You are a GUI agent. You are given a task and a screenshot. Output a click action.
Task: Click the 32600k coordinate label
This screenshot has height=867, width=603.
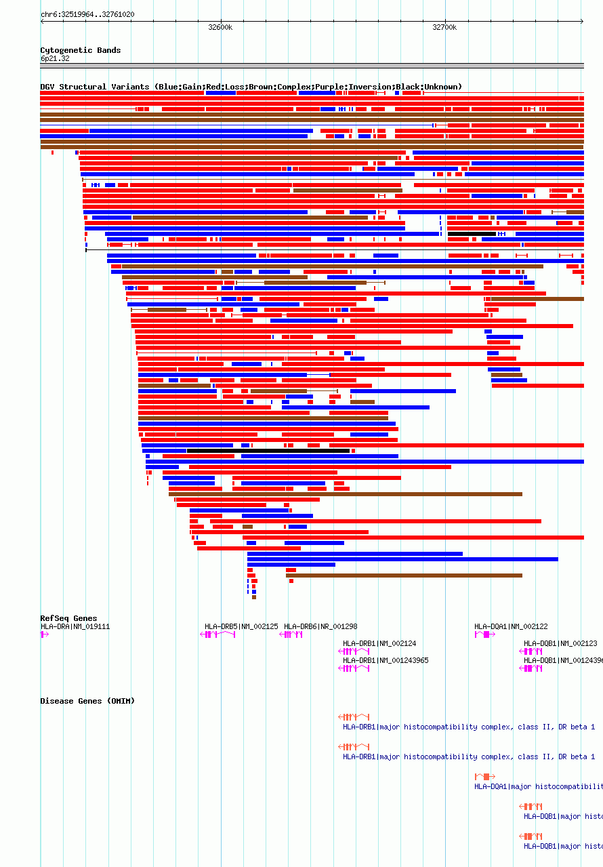click(x=220, y=28)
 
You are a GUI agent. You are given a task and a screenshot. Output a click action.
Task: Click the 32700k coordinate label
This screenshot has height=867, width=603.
click(x=444, y=28)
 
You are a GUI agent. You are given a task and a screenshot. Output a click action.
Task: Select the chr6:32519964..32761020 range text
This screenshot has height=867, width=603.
click(x=87, y=14)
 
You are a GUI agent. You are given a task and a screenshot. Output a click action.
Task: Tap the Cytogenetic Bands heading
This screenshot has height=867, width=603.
click(x=81, y=50)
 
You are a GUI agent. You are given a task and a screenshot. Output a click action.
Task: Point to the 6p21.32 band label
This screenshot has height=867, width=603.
click(x=55, y=59)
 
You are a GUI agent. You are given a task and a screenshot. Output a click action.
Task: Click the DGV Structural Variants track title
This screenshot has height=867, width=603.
click(x=251, y=87)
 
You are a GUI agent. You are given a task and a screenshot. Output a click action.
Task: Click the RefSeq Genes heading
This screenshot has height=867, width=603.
click(x=68, y=618)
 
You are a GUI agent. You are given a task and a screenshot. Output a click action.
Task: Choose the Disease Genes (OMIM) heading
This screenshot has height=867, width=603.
click(x=87, y=701)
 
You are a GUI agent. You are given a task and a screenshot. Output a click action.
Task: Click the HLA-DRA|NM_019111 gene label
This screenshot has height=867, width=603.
click(x=75, y=626)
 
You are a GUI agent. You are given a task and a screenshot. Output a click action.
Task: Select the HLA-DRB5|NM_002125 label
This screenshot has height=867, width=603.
click(x=241, y=626)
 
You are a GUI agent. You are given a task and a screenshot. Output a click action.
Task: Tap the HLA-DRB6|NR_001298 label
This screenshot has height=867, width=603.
click(x=320, y=626)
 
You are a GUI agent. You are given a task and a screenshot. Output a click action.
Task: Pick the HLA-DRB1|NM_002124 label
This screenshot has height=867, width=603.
click(x=379, y=643)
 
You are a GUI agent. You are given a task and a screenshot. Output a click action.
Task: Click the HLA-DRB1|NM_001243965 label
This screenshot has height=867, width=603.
click(x=386, y=660)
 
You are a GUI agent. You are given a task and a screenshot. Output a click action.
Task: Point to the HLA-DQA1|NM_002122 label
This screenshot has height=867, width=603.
click(x=511, y=626)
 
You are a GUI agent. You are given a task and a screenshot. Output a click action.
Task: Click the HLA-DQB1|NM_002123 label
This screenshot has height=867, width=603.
click(x=560, y=643)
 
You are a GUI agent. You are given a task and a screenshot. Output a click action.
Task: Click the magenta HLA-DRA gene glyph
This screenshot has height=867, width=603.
click(x=45, y=634)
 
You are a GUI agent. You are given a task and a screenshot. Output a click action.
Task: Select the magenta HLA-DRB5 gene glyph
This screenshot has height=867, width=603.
click(x=217, y=634)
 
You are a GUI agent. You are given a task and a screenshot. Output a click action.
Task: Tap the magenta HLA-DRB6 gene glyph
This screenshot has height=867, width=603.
click(x=291, y=634)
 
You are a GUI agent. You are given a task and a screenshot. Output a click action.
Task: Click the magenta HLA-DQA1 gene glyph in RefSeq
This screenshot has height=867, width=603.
click(x=484, y=634)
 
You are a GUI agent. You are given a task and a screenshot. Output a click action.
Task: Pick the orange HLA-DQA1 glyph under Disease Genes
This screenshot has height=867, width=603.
click(x=484, y=776)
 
